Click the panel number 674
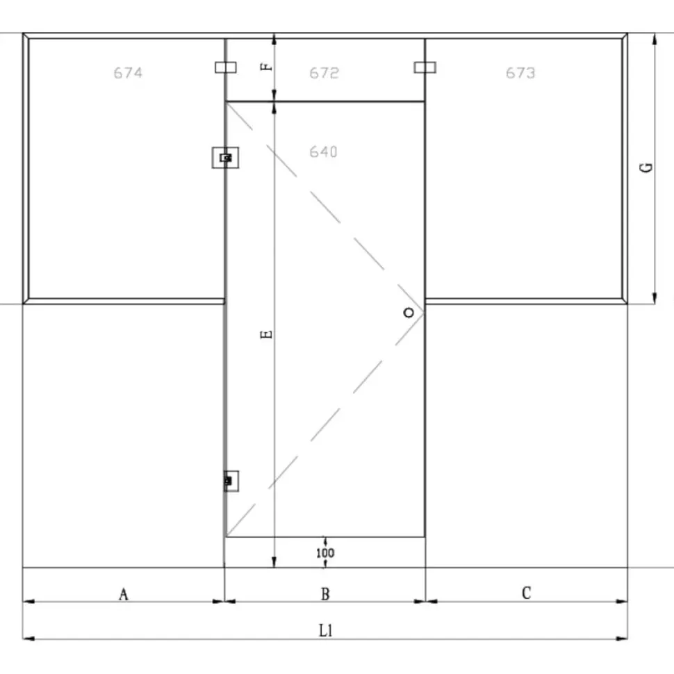coord(128,73)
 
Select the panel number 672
coord(324,73)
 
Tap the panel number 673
coord(520,73)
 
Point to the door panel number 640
coord(323,151)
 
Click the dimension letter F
coord(267,67)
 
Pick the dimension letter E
coord(267,334)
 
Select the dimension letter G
coord(646,167)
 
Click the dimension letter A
coord(124,594)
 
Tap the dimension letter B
coord(325,593)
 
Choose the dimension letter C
coord(526,593)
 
